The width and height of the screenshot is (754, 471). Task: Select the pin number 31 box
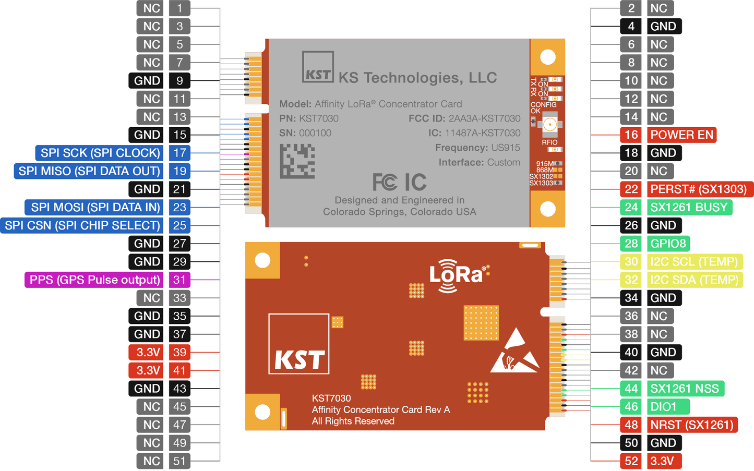[179, 280]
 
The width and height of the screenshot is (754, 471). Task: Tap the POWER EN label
[681, 135]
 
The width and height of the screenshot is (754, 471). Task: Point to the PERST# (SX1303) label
[698, 189]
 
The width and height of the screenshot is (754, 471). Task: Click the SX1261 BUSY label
[689, 207]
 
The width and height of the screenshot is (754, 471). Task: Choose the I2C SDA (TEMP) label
[694, 280]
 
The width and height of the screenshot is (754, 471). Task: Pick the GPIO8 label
[668, 244]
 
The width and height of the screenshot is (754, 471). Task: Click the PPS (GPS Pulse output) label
[94, 280]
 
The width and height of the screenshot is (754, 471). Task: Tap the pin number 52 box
[631, 461]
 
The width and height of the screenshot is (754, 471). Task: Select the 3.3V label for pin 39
[148, 352]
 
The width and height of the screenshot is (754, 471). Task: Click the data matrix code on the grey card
[297, 161]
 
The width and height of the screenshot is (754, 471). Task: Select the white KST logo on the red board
[299, 344]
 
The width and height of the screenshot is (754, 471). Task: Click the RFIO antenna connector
[549, 125]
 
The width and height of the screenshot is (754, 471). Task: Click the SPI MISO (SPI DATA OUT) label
[89, 171]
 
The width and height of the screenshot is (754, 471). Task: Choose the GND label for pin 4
[663, 26]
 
